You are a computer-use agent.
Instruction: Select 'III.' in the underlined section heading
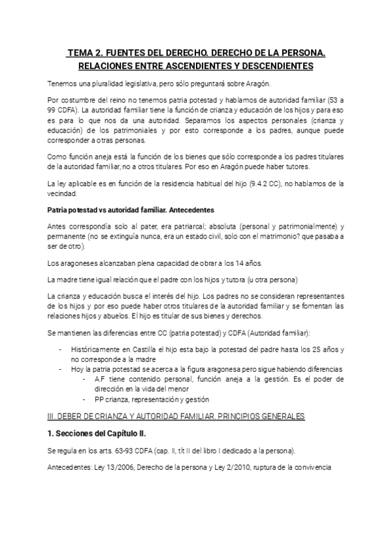tap(53, 415)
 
